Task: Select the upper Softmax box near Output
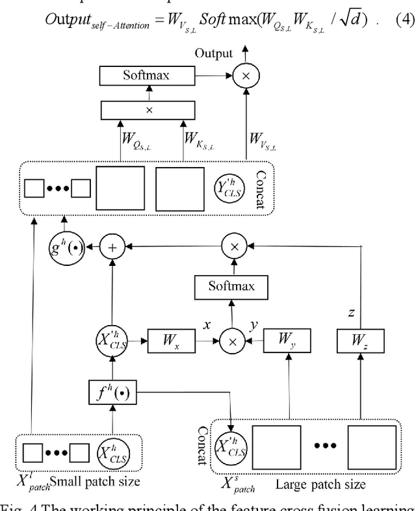(x=146, y=76)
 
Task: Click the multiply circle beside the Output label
(x=246, y=76)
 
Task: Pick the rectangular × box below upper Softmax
(x=149, y=111)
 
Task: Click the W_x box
(x=173, y=339)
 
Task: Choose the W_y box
(x=286, y=339)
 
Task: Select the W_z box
(x=361, y=339)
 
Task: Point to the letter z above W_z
(x=351, y=313)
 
